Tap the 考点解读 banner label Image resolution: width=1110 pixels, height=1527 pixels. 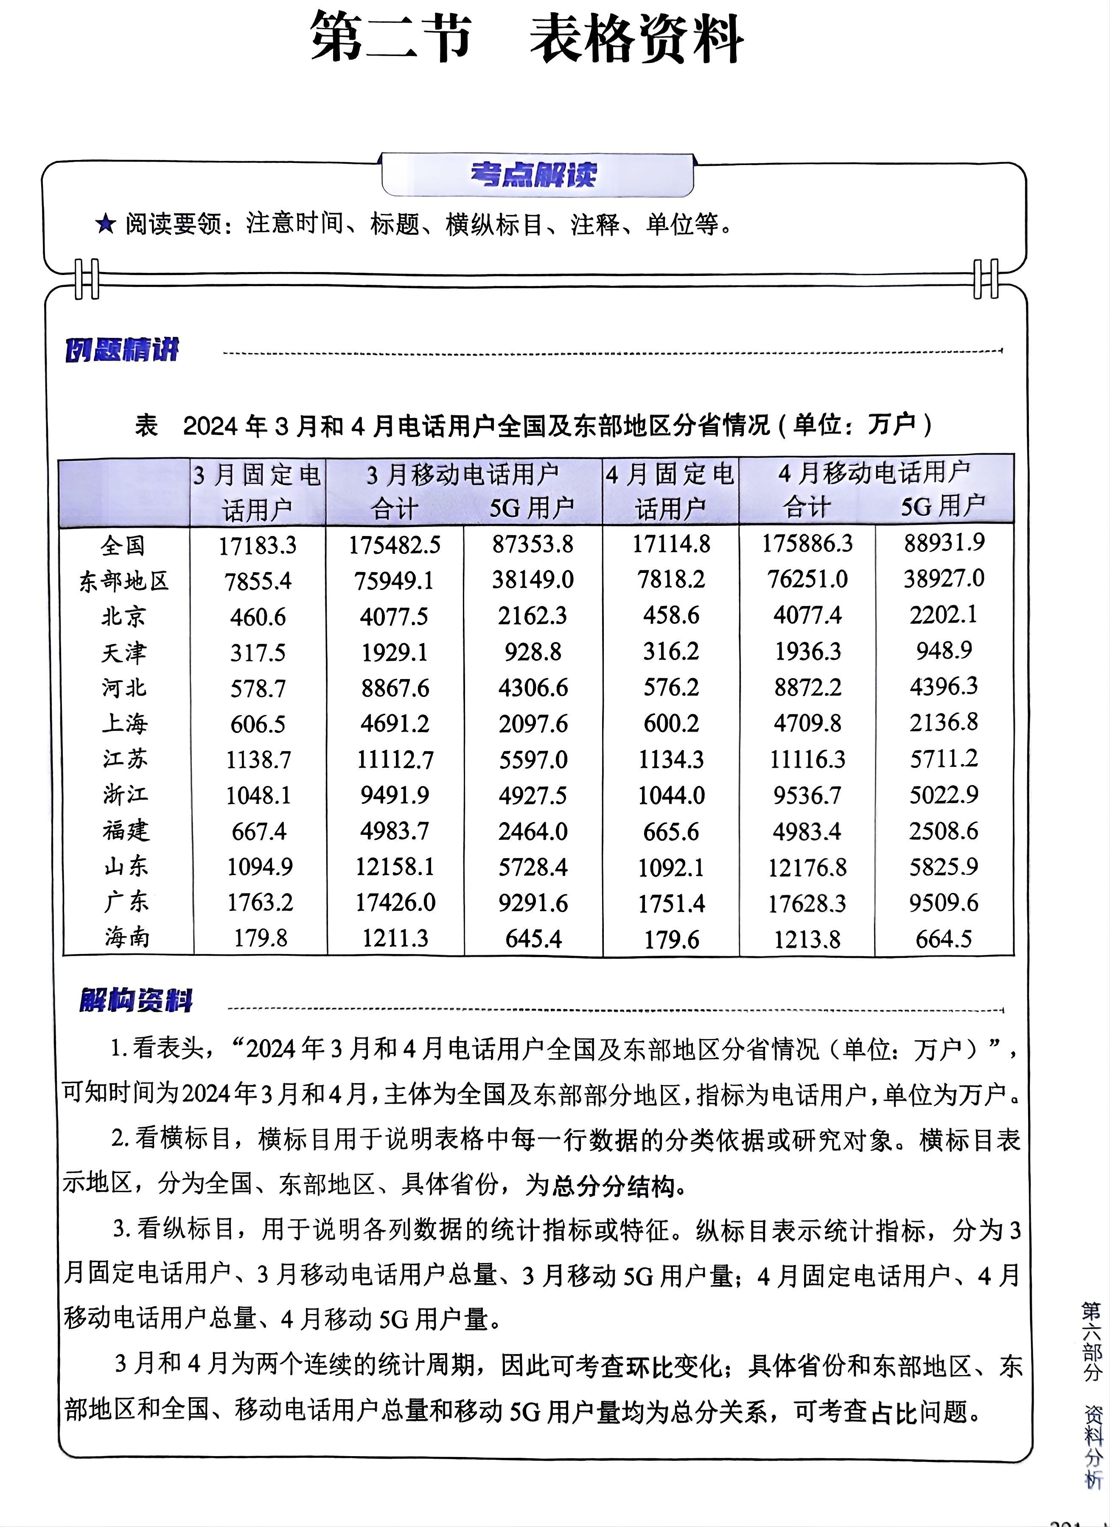click(534, 175)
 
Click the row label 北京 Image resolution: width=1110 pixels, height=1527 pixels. click(123, 616)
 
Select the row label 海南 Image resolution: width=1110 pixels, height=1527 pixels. click(126, 937)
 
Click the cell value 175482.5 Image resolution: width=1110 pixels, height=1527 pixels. click(395, 545)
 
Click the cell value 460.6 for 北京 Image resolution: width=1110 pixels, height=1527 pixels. click(258, 617)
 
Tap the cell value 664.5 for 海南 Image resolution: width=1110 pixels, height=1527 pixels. click(944, 938)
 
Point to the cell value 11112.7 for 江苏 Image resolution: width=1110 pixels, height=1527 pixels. click(395, 759)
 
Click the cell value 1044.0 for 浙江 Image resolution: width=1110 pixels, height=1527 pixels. click(671, 796)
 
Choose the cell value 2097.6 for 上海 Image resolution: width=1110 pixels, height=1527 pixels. click(533, 724)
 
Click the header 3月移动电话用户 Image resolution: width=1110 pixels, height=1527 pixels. click(463, 474)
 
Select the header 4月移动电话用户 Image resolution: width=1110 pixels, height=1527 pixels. click(875, 473)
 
